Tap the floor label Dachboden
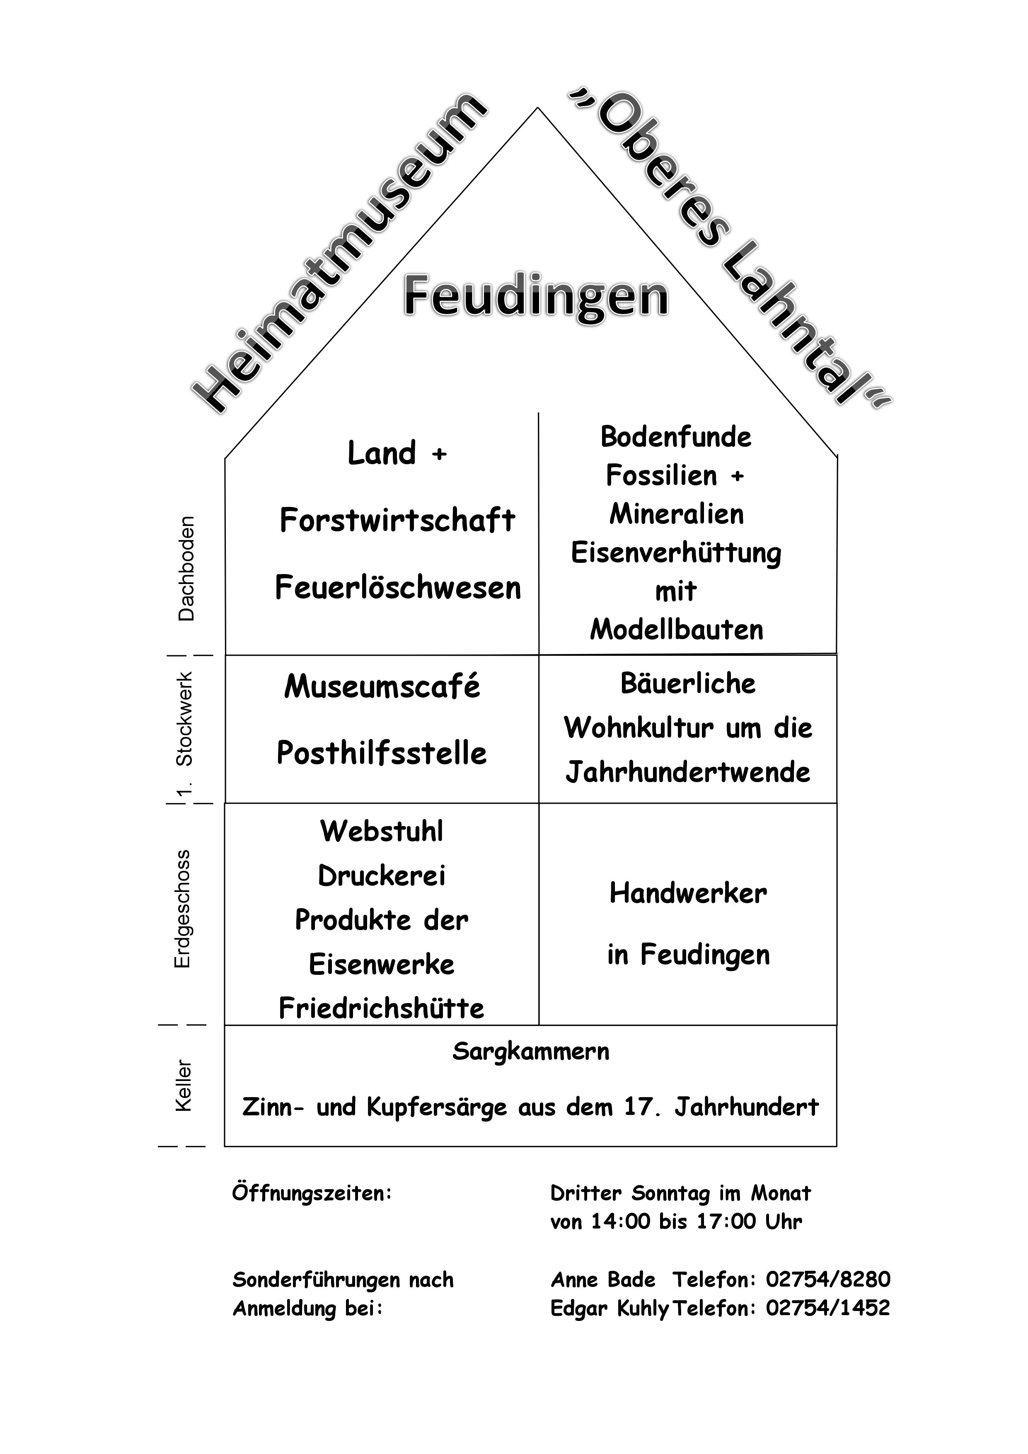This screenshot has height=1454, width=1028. (186, 569)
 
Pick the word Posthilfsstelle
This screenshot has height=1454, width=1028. (382, 754)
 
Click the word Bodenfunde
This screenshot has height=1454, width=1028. (676, 437)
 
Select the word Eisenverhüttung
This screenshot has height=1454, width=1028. (676, 553)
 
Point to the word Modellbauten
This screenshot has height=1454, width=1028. (677, 630)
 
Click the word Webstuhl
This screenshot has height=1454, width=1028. (382, 831)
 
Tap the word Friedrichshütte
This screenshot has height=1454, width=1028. (382, 1008)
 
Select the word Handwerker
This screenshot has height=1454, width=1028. (688, 894)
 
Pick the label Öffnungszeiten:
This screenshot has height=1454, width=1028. (312, 1194)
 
